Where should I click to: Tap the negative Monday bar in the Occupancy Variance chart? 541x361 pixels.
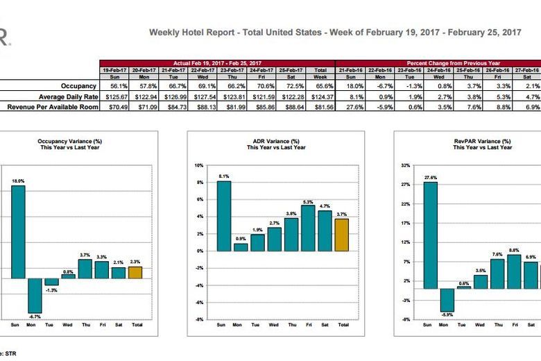pyautogui.click(x=35, y=295)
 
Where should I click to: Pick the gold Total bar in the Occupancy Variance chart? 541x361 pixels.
pyautogui.click(x=135, y=272)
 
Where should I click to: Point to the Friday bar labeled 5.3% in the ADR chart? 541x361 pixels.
pyautogui.click(x=308, y=228)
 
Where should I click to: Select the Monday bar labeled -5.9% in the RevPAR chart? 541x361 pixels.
pyautogui.click(x=447, y=300)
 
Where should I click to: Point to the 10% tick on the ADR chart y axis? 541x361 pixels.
pyautogui.click(x=198, y=166)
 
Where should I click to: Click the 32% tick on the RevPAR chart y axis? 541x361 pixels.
pyautogui.click(x=406, y=166)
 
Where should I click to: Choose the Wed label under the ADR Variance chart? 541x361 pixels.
pyautogui.click(x=273, y=325)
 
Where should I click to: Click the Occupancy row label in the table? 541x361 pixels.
pyautogui.click(x=76, y=85)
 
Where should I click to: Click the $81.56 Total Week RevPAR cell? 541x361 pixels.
pyautogui.click(x=321, y=107)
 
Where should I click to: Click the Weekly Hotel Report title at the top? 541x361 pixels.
pyautogui.click(x=335, y=32)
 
